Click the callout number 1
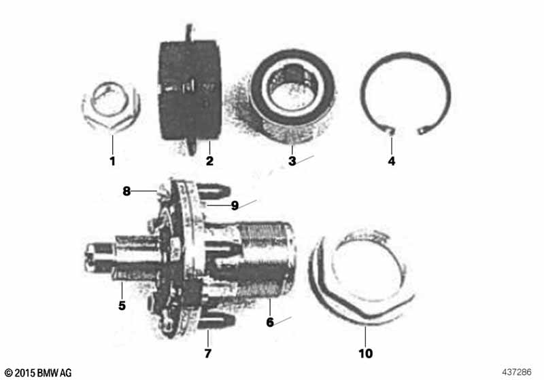[x=113, y=161]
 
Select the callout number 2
[x=209, y=161]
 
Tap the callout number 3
[x=292, y=161]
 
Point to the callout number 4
[x=391, y=161]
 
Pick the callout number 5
[x=122, y=305]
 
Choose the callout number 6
[x=270, y=322]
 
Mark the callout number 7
[x=208, y=353]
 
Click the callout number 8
[x=126, y=191]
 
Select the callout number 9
[x=234, y=206]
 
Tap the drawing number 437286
[x=519, y=373]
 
